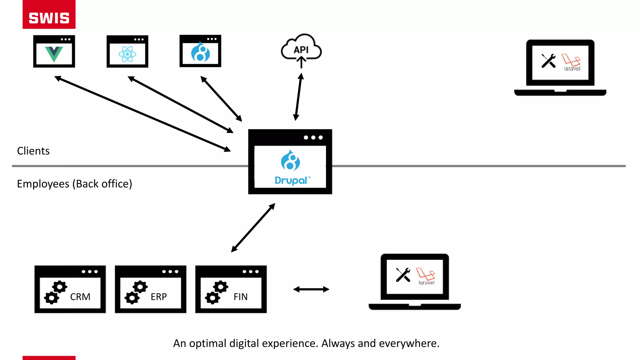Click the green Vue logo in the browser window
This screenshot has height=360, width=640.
54,54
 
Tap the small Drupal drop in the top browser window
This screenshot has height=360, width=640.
200,52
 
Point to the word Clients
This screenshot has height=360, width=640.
33,151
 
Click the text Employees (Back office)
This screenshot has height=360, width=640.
74,184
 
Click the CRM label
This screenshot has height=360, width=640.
80,297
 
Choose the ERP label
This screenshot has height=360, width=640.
159,297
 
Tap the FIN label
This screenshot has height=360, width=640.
240,297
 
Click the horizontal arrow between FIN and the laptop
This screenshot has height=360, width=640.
311,289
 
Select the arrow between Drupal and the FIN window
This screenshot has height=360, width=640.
253,228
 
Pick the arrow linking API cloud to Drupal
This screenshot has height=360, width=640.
298,97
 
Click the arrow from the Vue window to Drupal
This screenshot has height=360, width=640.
142,114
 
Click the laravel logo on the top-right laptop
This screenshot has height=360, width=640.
571,62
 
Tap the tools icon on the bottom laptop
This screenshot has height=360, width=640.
403,275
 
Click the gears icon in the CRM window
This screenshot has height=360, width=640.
56,292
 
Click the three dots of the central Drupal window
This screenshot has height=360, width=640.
313,137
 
